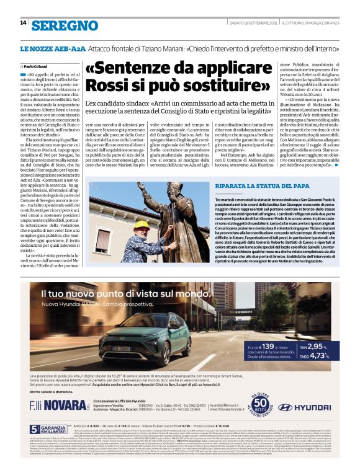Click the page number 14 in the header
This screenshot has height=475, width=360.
point(23,23)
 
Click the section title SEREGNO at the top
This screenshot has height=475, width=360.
point(65,25)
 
